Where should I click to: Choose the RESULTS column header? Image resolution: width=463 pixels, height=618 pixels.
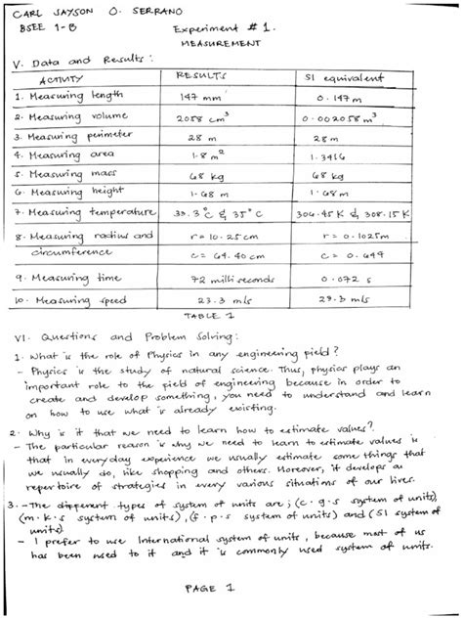coord(200,75)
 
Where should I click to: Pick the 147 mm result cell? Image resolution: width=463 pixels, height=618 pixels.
coord(201,97)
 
